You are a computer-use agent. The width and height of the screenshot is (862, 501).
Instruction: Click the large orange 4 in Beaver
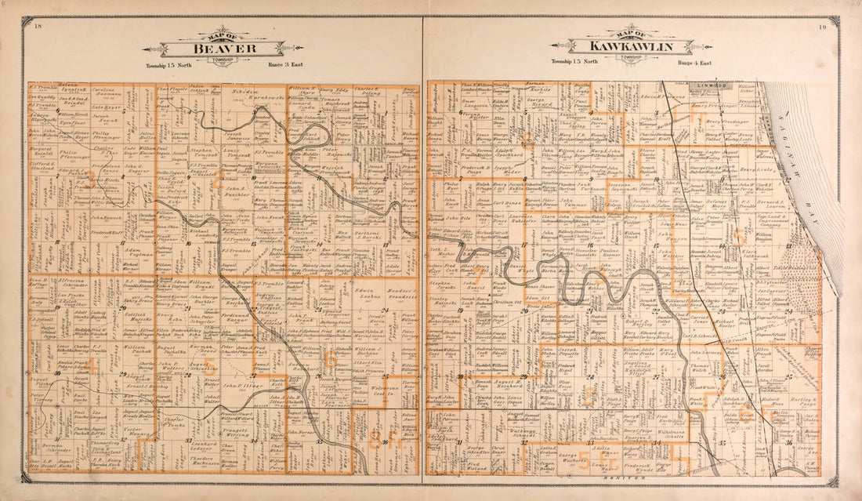click(x=92, y=365)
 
